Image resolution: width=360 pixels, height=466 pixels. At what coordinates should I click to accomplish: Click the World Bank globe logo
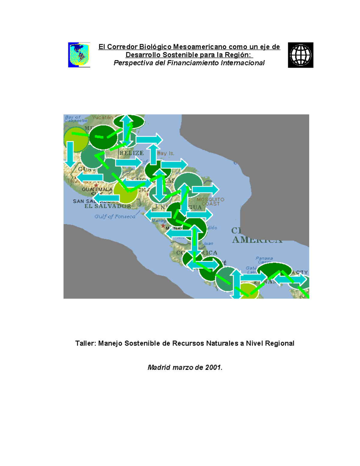(x=300, y=55)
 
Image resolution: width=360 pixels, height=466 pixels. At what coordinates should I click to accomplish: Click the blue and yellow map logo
(x=79, y=55)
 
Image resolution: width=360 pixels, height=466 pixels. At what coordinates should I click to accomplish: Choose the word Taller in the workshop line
(x=85, y=343)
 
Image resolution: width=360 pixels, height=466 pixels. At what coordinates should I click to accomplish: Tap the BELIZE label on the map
(x=131, y=153)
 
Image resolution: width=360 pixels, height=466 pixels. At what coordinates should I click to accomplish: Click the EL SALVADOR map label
(x=108, y=206)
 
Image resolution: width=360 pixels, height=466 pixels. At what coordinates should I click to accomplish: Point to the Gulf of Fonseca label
(x=115, y=216)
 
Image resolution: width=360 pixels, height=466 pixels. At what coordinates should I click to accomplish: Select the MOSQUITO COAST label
(x=210, y=202)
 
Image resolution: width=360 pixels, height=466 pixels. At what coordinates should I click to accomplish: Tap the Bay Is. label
(x=166, y=153)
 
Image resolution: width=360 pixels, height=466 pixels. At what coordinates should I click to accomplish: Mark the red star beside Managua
(x=163, y=226)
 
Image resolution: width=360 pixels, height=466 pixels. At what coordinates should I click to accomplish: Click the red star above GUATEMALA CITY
(x=96, y=185)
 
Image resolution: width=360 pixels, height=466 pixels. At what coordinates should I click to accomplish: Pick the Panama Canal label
(x=264, y=260)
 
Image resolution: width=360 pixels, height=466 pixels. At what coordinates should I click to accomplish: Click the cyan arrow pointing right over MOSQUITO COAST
(x=205, y=190)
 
